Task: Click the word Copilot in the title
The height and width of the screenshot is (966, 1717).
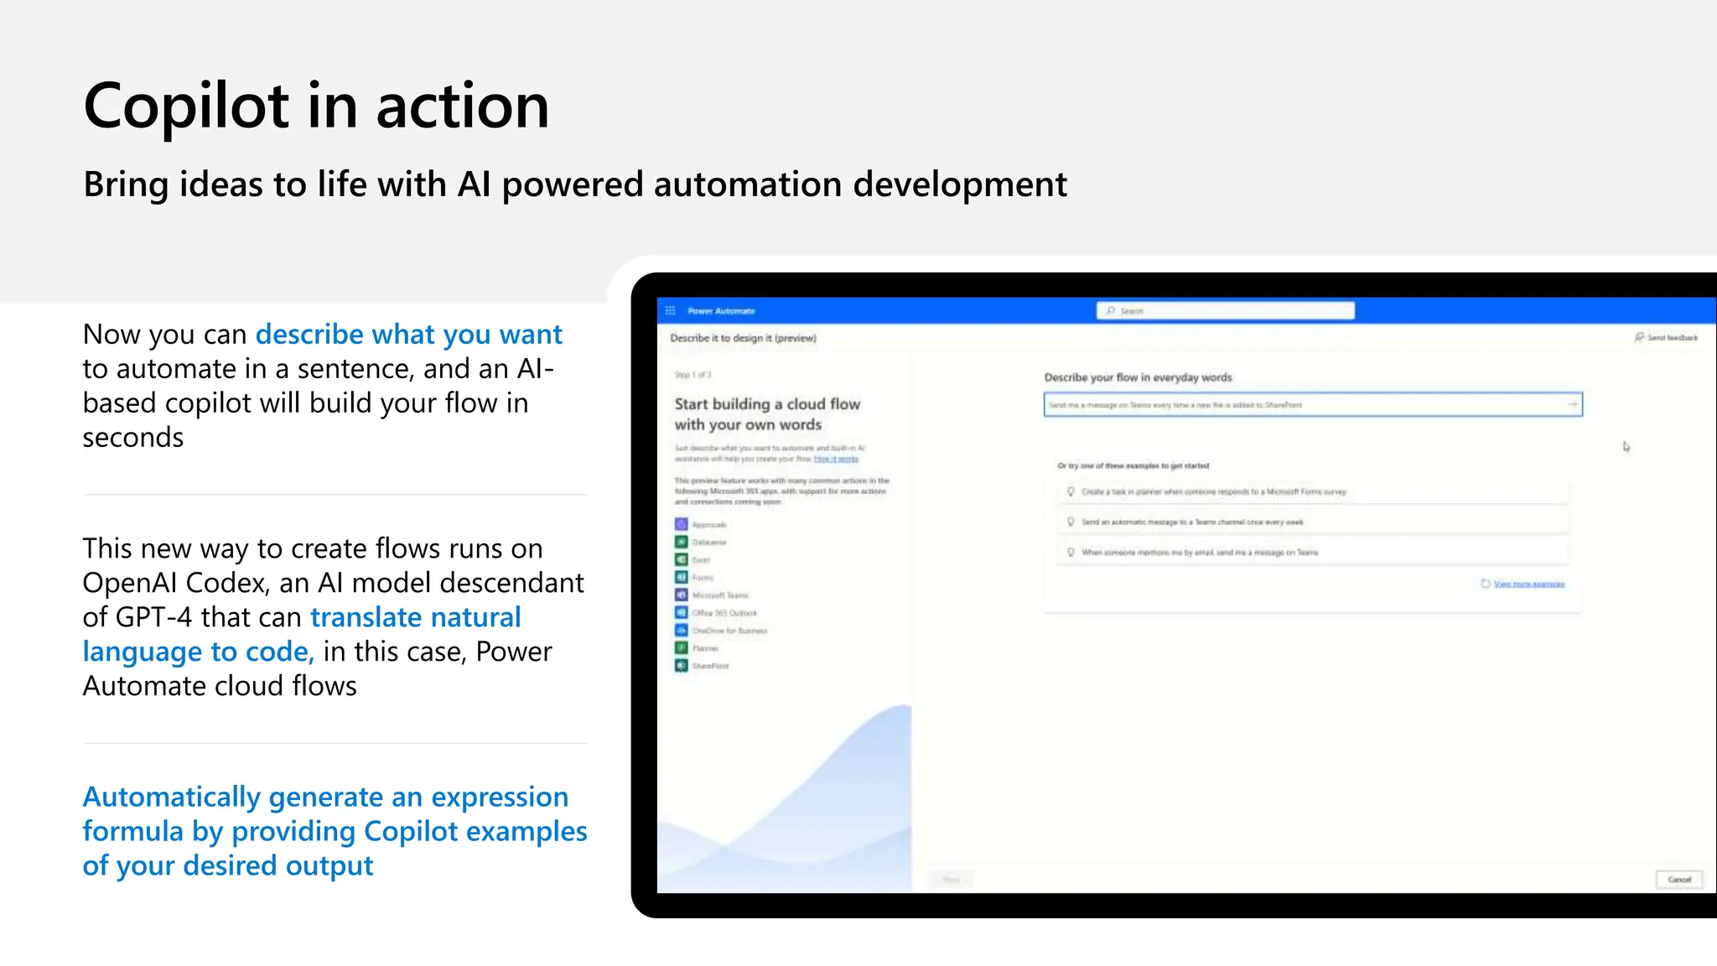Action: (x=186, y=107)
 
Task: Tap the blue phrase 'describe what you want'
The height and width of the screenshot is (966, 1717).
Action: (x=408, y=335)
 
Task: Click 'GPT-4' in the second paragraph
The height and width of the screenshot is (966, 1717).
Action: (x=153, y=617)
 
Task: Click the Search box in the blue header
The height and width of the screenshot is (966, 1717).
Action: (x=1225, y=311)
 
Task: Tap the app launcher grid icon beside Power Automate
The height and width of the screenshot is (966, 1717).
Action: (x=670, y=311)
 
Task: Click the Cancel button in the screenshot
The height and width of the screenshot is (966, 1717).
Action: (x=1678, y=880)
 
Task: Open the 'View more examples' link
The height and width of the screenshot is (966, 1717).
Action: (x=1528, y=584)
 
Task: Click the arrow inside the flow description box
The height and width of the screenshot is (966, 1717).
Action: (x=1572, y=405)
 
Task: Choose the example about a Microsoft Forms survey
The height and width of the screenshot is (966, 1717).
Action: (x=1213, y=492)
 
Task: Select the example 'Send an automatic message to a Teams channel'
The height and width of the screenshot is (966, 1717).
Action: (x=1191, y=522)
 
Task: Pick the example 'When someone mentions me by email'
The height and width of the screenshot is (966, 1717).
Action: (x=1199, y=553)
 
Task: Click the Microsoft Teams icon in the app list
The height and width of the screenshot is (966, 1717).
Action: (x=682, y=595)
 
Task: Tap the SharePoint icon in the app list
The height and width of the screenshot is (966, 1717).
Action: (x=682, y=666)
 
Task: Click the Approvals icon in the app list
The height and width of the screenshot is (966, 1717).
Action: (x=682, y=524)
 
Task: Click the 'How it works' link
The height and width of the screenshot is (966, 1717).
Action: (x=836, y=459)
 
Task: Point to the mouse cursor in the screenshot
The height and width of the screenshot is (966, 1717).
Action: (x=1626, y=446)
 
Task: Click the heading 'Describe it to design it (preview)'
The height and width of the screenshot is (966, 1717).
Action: (x=743, y=338)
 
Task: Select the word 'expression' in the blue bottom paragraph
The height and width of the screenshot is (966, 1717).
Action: (x=500, y=797)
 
